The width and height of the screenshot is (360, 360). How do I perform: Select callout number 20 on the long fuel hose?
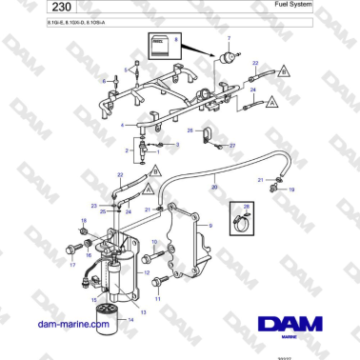[215, 188]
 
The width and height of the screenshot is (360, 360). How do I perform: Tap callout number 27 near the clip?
[232, 146]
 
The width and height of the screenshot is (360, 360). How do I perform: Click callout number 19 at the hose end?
[292, 190]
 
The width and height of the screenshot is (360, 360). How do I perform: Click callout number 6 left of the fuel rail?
[104, 82]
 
